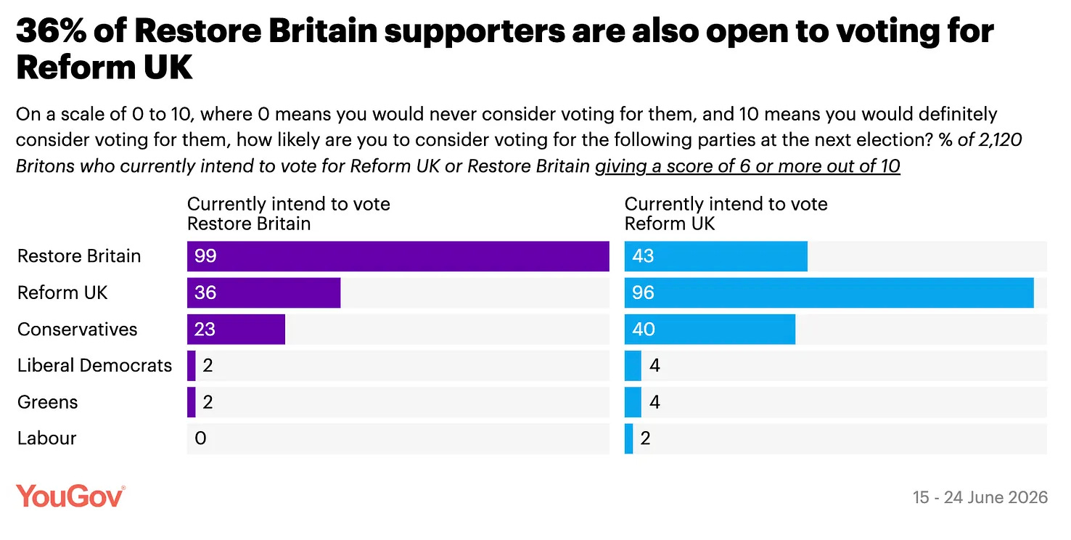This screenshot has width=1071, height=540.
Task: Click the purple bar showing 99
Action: [398, 256]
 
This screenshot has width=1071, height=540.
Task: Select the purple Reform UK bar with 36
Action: [263, 292]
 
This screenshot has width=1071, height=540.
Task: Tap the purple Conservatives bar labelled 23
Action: [236, 329]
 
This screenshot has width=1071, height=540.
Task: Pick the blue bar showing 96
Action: [829, 292]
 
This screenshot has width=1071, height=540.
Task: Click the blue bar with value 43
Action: [715, 256]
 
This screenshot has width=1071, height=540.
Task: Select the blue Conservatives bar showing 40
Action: [710, 329]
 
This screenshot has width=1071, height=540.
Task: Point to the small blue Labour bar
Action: [628, 438]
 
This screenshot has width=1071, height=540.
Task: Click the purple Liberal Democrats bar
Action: [192, 365]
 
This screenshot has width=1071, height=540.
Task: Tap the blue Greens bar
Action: [633, 402]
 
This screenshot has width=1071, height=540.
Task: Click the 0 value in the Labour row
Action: [200, 438]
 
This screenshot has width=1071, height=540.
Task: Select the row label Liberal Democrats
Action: [94, 365]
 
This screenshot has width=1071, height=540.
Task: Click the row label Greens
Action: [47, 402]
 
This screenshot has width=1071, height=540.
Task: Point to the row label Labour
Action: [46, 438]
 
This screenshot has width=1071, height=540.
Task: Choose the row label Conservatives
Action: [77, 329]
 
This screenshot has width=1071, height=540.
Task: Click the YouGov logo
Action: [70, 496]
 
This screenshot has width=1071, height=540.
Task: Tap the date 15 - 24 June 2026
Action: [980, 497]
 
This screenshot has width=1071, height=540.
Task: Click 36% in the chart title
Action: [52, 30]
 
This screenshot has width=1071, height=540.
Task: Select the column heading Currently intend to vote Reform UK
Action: [726, 214]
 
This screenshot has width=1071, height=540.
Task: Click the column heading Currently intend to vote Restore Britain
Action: [288, 214]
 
